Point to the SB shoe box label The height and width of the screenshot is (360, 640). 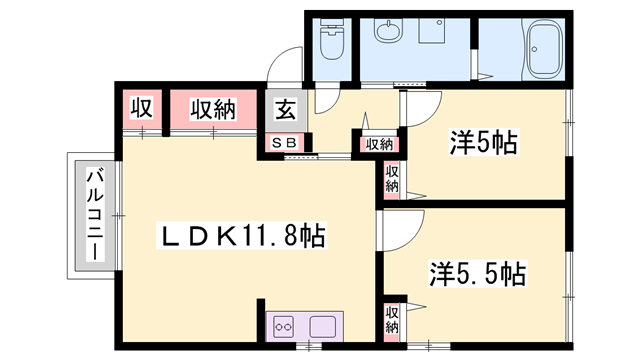284,143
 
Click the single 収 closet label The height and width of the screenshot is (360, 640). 139,108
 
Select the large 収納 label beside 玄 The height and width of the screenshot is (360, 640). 213,108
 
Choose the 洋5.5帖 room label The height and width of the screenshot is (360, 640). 478,272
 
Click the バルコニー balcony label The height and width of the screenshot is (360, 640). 94,214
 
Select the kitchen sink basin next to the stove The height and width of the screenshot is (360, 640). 323,326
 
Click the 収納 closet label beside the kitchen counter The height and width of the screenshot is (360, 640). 393,319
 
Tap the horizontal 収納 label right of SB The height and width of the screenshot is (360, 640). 378,143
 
